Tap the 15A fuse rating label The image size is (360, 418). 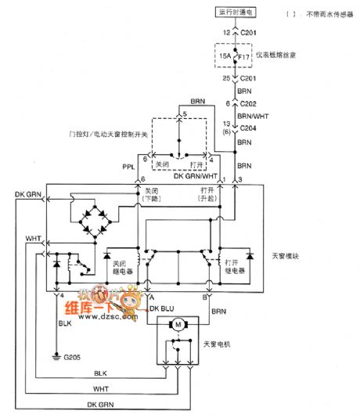coord(225,57)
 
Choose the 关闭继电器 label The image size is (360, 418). coord(124,267)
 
